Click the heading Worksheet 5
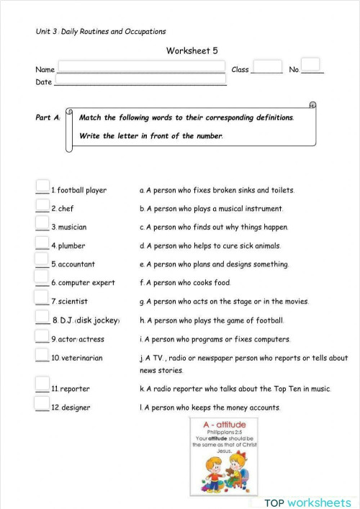point(192,50)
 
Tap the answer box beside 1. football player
point(42,186)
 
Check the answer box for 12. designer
point(42,404)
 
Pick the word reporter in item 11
point(75,389)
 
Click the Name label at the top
point(45,70)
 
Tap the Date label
point(43,83)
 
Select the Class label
point(240,70)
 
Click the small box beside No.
point(310,64)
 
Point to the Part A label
point(48,117)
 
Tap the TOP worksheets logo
point(307,502)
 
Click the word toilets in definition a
point(281,190)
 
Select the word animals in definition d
point(263,246)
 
